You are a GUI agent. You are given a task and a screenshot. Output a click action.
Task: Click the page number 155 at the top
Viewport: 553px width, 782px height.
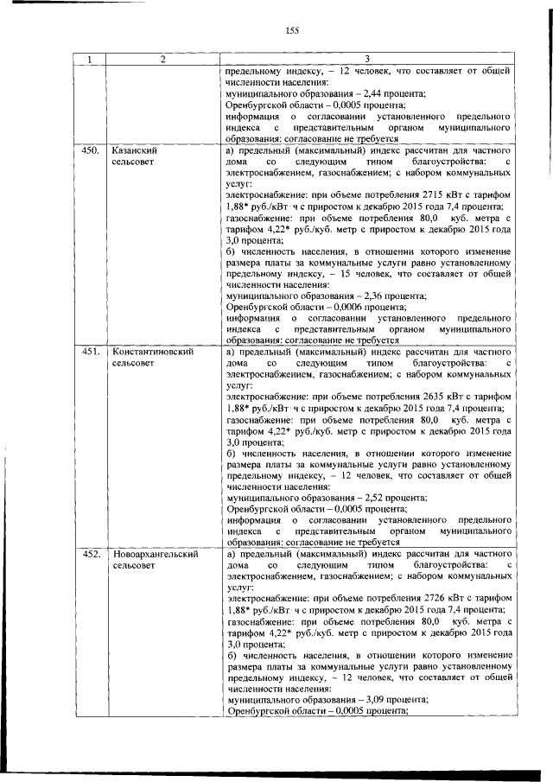click(291, 31)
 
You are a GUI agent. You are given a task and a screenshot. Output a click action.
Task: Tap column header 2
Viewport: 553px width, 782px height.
click(162, 59)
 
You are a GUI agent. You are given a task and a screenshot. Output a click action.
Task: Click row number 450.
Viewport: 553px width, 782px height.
click(88, 149)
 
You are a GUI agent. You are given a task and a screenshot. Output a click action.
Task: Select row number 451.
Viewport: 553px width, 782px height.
click(88, 352)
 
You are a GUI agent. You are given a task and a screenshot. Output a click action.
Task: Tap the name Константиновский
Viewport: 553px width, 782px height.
click(152, 352)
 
